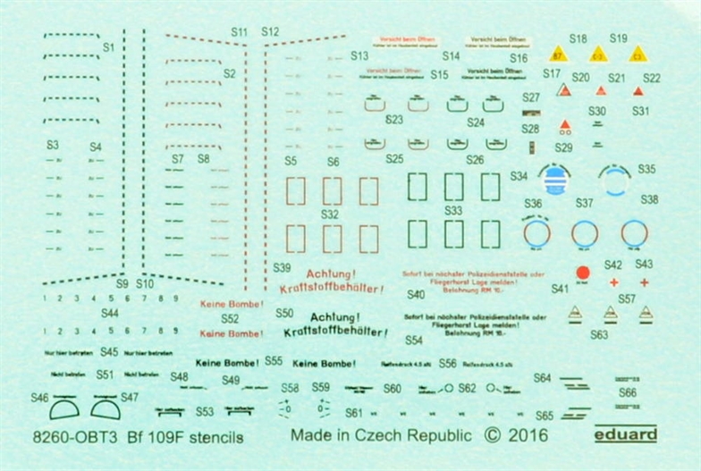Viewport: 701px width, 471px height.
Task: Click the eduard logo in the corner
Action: pyautogui.click(x=626, y=435)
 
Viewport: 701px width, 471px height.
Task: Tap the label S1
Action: pyautogui.click(x=109, y=46)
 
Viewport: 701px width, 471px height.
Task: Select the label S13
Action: pyautogui.click(x=360, y=55)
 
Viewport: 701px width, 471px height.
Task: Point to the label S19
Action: pyautogui.click(x=619, y=38)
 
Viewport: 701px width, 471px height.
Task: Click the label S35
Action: pyautogui.click(x=646, y=169)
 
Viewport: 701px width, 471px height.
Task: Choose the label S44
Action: pyautogui.click(x=110, y=313)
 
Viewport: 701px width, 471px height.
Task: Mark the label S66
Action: pyautogui.click(x=628, y=391)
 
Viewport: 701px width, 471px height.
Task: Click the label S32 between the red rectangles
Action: pyautogui.click(x=330, y=214)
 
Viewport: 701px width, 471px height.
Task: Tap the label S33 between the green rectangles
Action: pyautogui.click(x=453, y=211)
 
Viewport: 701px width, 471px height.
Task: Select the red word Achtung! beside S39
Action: pyautogui.click(x=332, y=273)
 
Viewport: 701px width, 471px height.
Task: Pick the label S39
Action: pyautogui.click(x=283, y=267)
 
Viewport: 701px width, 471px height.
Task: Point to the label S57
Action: pyautogui.click(x=627, y=299)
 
